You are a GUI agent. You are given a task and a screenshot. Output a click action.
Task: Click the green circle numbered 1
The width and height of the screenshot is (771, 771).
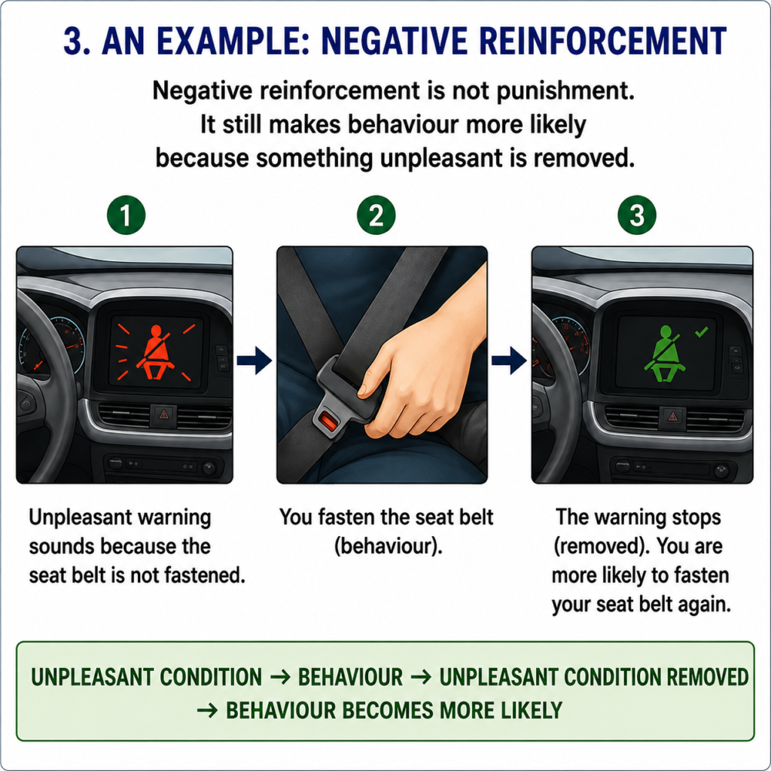tap(126, 215)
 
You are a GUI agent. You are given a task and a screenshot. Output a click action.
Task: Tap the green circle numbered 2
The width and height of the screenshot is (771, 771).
tap(376, 215)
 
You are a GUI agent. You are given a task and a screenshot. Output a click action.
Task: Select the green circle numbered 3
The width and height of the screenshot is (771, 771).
tap(637, 215)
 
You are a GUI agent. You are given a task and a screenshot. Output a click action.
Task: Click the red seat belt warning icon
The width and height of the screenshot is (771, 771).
tap(157, 352)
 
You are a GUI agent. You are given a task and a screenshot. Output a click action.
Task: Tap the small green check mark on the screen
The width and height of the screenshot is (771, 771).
tap(702, 332)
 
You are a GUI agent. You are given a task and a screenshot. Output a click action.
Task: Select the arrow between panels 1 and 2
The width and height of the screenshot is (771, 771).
tap(254, 361)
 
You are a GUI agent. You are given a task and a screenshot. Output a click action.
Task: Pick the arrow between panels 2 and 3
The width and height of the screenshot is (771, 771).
tap(510, 361)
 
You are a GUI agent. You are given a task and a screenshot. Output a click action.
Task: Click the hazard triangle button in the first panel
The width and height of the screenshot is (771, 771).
tap(163, 415)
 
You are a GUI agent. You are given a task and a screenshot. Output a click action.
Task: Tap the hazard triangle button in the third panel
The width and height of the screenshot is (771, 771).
tap(672, 418)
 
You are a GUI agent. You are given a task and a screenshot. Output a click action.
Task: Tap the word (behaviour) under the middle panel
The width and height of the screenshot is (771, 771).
tap(389, 547)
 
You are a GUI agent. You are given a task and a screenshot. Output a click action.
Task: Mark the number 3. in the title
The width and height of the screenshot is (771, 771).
tap(78, 41)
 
